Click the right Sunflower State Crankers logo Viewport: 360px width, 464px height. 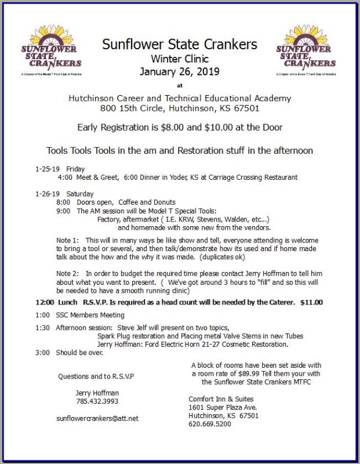[306, 52]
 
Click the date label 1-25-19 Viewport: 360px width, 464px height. [46, 169]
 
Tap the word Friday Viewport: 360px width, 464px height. [76, 169]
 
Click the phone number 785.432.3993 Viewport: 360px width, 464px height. [97, 401]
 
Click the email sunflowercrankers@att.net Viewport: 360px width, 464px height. [97, 418]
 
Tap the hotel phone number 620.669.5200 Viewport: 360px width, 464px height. [210, 424]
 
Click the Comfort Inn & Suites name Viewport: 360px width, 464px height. [221, 399]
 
